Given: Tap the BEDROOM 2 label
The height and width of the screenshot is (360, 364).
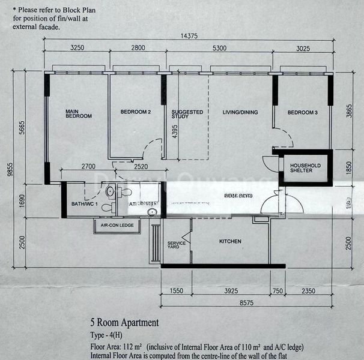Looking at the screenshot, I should click(135, 112).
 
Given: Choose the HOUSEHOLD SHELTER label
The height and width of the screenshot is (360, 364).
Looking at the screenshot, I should click(306, 169).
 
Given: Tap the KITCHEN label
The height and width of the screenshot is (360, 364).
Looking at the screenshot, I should click(230, 242).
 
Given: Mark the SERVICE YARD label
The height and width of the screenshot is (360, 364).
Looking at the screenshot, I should click(175, 245).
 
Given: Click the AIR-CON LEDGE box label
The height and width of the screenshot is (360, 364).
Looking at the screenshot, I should click(115, 225).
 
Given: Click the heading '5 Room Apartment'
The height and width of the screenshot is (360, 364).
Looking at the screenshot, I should click(124, 323).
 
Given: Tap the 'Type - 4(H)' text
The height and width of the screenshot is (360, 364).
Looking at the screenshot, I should click(111, 335).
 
